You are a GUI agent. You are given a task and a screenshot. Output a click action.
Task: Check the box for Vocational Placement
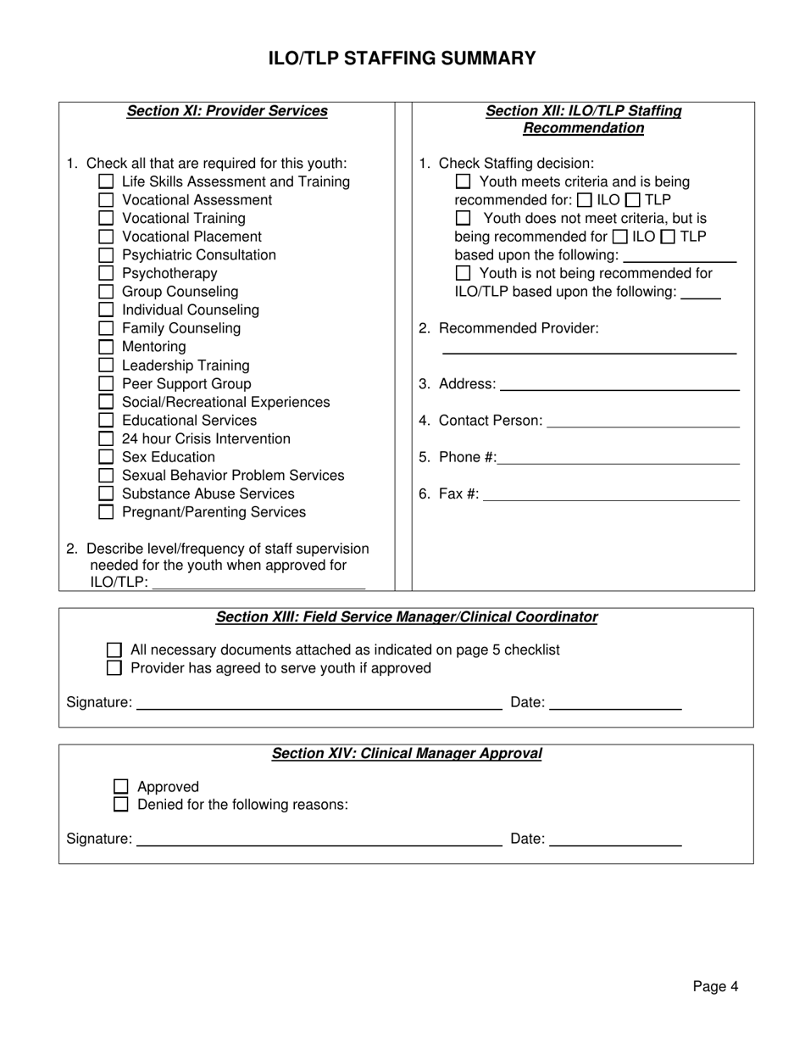[106, 237]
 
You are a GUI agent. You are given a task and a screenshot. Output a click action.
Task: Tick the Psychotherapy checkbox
[106, 273]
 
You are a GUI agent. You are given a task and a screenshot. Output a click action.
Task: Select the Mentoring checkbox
[106, 347]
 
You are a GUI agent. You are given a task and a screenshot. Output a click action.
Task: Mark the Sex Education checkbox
[106, 457]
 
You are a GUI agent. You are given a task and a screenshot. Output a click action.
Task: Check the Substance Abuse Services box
[106, 494]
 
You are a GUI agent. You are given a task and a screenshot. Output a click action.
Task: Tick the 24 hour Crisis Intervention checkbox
[106, 438]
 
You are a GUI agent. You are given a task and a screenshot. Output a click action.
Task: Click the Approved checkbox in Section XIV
[121, 786]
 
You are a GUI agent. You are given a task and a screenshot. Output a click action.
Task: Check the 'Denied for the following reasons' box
[121, 804]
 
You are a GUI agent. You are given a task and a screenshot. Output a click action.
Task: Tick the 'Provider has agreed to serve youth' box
[114, 668]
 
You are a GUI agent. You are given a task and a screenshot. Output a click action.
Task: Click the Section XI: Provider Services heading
[227, 111]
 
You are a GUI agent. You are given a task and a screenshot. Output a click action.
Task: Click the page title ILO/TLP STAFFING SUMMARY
[402, 58]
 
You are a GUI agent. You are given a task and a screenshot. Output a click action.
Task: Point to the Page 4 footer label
[715, 986]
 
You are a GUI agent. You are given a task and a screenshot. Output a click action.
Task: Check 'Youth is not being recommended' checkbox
[463, 273]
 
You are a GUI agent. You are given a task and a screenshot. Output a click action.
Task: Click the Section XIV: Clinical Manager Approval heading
[407, 753]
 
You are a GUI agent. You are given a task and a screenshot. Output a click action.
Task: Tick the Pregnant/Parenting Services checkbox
[106, 512]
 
